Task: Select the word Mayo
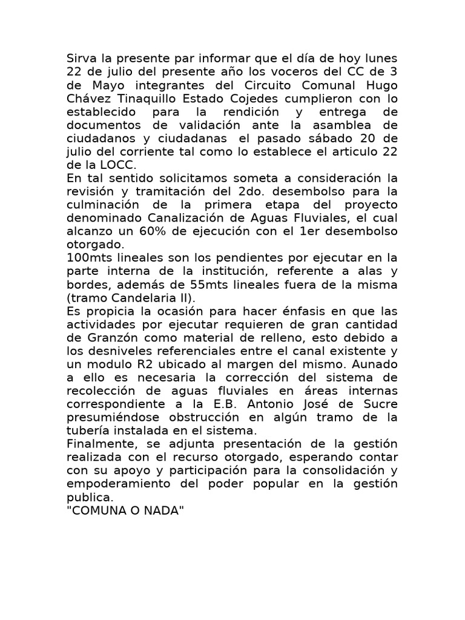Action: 97,85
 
